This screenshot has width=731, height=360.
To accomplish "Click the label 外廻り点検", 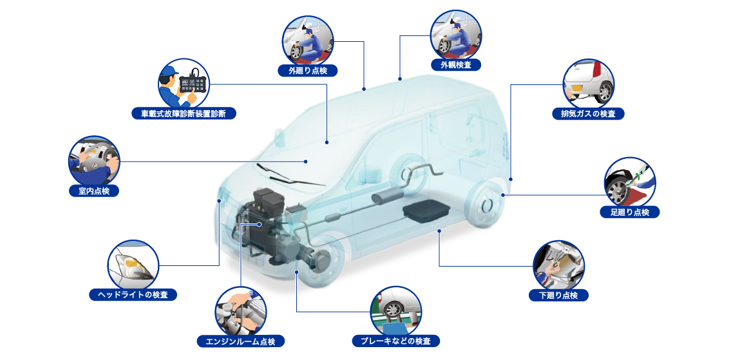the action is pos(307,71).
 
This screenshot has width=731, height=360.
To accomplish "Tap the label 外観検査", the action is pos(456,65).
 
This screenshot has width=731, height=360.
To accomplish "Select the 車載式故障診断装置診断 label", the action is pos(184,113).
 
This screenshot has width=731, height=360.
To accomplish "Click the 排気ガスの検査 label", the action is pos(588,113).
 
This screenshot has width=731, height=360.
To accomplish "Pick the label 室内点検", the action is pos(93,190).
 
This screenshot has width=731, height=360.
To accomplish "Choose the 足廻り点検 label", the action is pos(630,212).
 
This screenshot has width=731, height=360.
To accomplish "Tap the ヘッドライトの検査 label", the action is pos(133,295).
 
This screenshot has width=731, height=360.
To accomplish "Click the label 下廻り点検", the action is pos(558,295).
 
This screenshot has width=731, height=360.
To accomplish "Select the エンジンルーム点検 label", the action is pos(241,341).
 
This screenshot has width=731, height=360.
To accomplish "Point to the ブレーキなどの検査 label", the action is pos(396,341).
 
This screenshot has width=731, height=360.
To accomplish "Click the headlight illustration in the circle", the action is pos(133,265).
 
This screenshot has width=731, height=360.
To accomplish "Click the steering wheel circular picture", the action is pos(93,162).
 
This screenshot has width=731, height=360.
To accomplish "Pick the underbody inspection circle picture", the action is pos(558,266).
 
